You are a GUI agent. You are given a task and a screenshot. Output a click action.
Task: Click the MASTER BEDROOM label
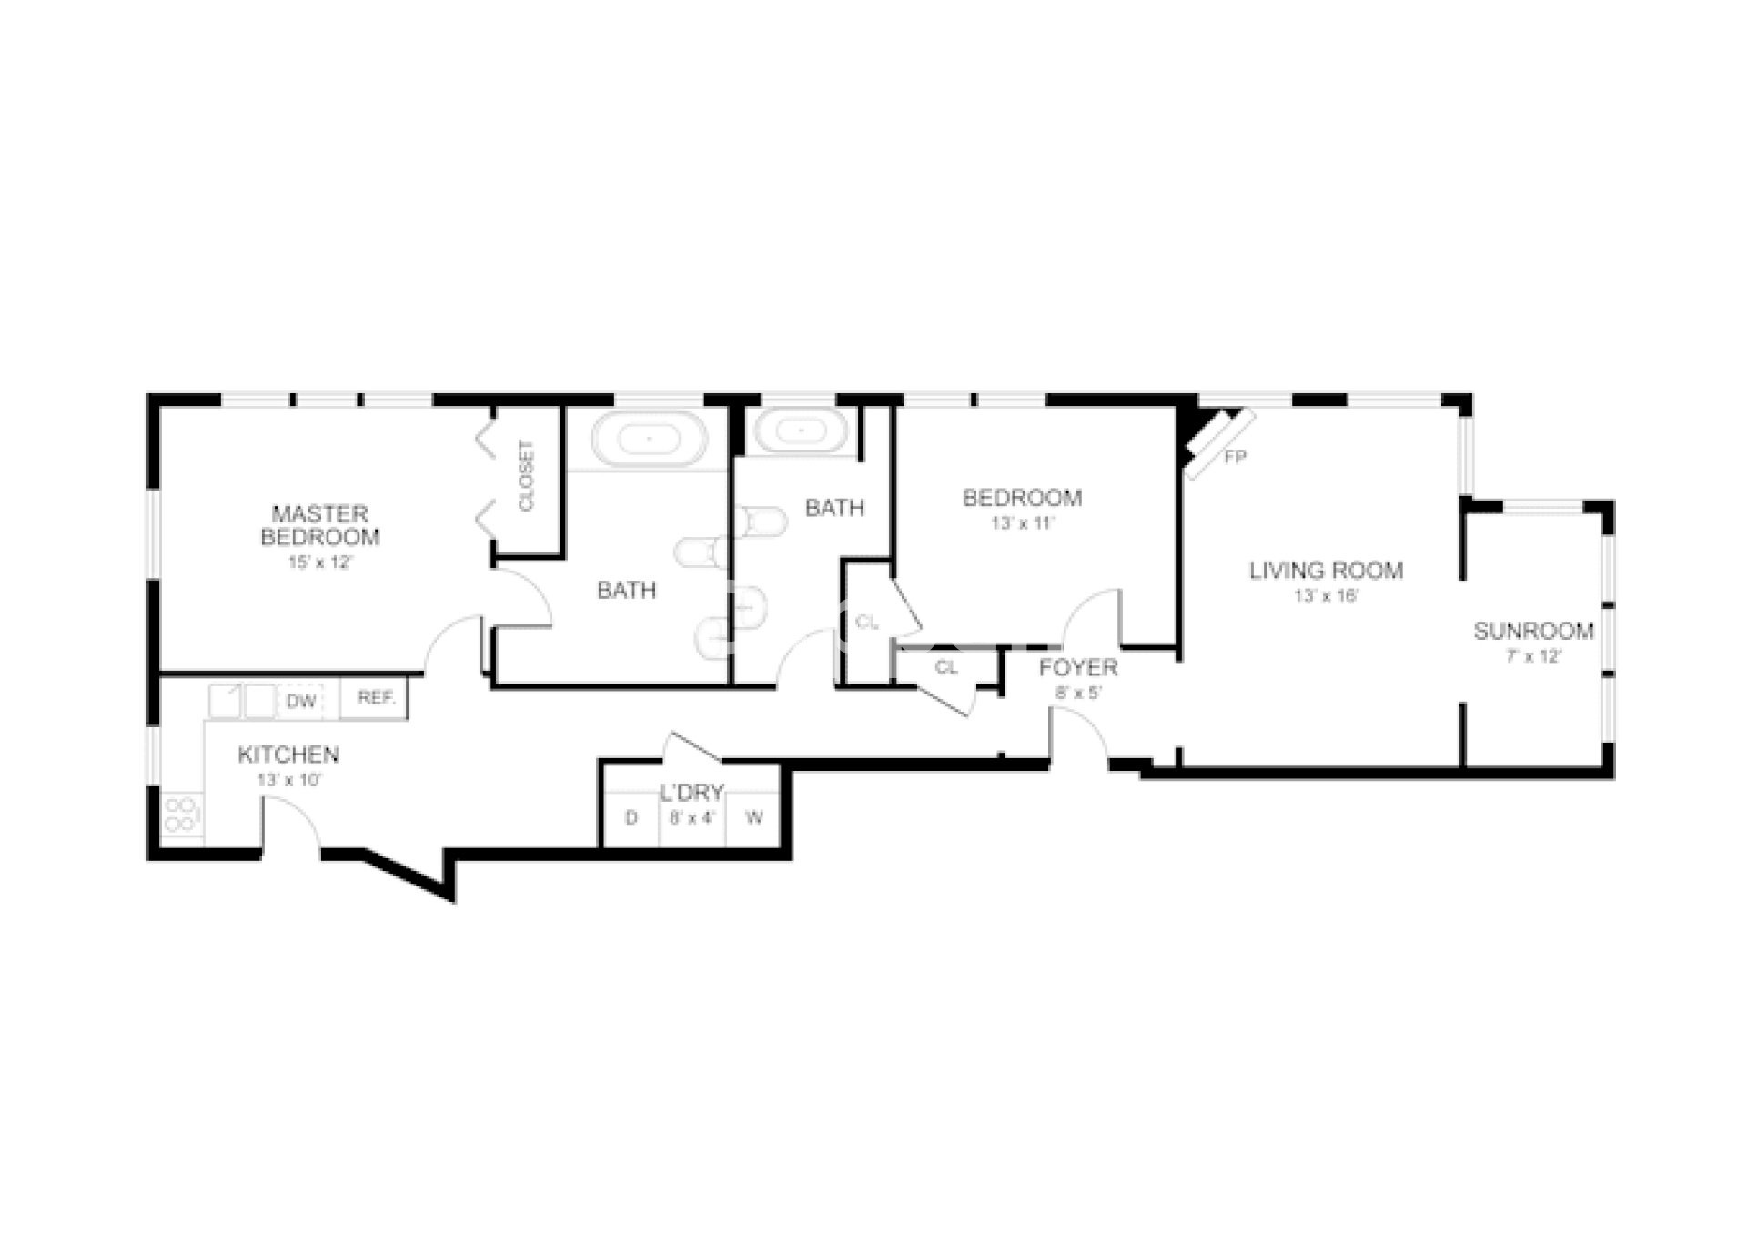319,525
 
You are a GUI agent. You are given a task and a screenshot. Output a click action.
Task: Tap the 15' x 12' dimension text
319,562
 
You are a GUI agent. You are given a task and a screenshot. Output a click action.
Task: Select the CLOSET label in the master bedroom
526,475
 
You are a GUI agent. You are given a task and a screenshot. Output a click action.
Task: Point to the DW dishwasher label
301,701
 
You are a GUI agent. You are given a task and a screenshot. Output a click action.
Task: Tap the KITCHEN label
288,755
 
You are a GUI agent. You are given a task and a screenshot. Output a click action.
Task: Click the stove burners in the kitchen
181,815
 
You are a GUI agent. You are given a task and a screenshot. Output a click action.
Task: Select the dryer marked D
631,818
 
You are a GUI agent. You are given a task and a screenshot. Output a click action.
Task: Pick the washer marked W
754,818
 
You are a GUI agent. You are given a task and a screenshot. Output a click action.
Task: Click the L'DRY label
692,793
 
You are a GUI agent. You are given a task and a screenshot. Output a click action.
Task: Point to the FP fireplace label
1235,458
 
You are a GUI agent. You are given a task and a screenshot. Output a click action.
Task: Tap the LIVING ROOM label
1326,571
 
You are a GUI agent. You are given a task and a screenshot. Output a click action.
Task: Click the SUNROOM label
1534,631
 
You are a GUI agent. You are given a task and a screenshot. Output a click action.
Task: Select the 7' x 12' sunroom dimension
1534,656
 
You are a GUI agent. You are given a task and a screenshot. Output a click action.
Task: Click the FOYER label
1078,667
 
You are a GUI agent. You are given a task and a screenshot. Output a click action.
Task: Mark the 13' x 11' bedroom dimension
1023,523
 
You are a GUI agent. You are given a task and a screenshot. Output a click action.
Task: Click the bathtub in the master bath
649,439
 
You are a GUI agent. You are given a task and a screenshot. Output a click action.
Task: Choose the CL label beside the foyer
946,667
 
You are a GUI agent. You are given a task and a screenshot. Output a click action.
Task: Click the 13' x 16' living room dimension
1327,596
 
